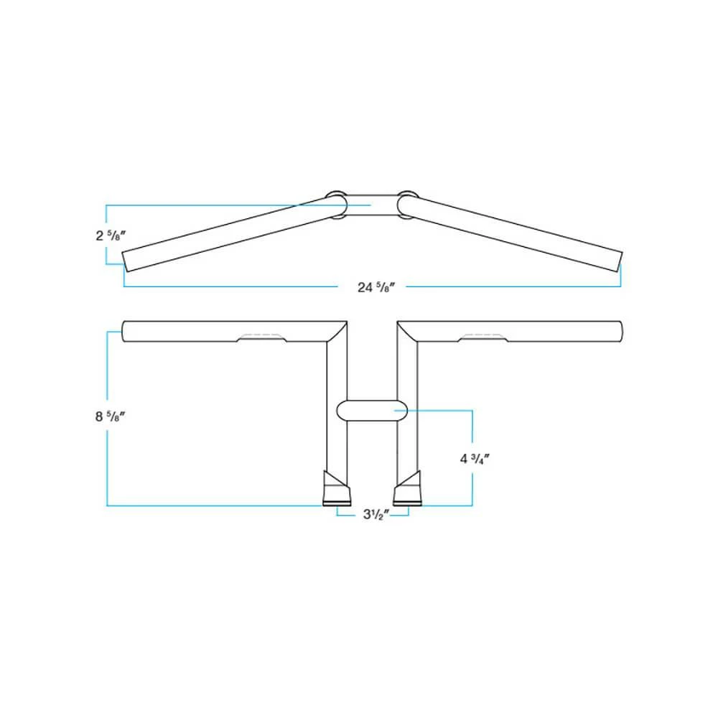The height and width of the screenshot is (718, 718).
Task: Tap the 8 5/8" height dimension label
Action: click(x=110, y=418)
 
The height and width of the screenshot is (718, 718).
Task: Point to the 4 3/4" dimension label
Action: click(x=475, y=459)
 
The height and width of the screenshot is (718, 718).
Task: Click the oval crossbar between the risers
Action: click(x=372, y=411)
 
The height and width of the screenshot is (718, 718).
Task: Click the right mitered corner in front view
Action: click(x=408, y=331)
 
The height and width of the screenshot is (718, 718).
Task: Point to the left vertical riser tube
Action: click(x=337, y=402)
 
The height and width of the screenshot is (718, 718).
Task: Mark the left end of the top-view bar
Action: click(x=126, y=261)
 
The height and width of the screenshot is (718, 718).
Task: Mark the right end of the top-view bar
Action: click(x=619, y=261)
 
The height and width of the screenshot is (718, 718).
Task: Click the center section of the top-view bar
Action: click(x=372, y=205)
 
